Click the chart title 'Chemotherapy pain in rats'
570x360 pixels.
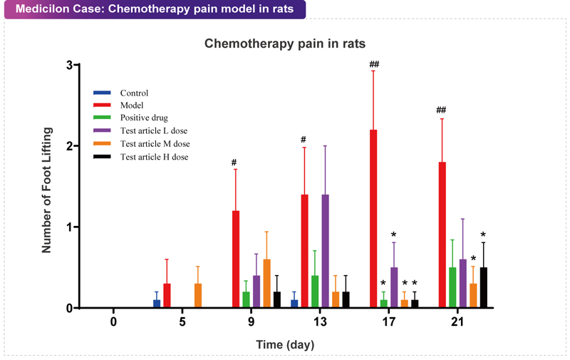(285, 43)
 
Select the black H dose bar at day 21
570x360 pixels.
(483, 288)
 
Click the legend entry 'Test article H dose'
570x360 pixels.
(152, 157)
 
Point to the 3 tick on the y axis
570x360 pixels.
(69, 65)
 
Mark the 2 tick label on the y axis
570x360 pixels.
(69, 146)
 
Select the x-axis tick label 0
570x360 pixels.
(113, 322)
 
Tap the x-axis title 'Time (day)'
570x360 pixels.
(285, 344)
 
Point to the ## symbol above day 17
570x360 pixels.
(374, 65)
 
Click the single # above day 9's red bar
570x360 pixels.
(234, 163)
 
